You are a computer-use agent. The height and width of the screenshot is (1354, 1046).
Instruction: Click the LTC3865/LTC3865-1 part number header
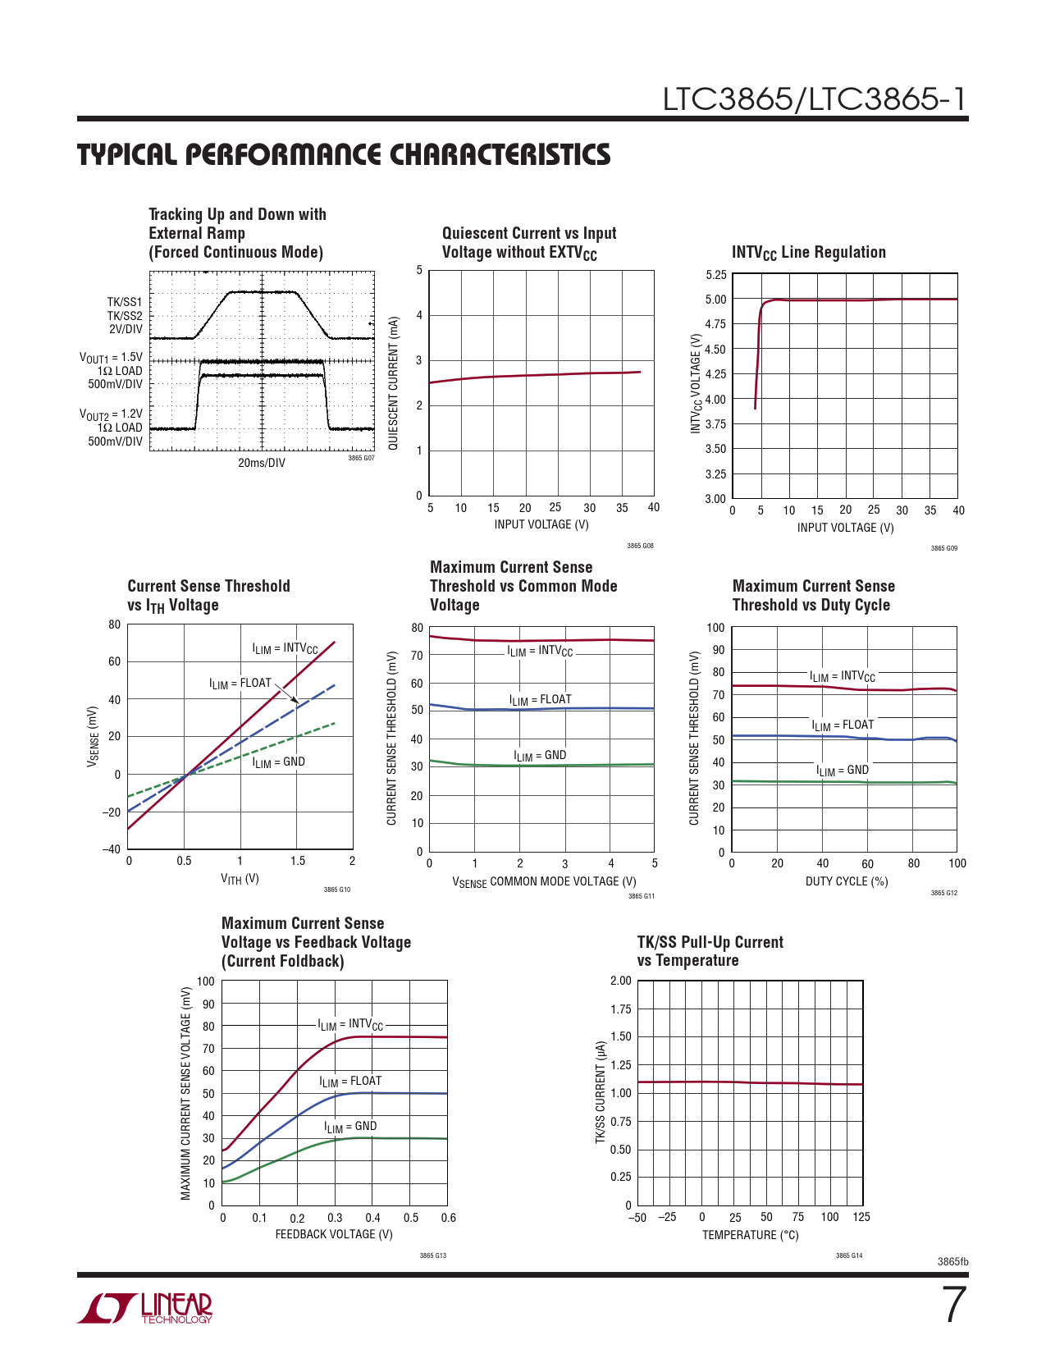coord(815,99)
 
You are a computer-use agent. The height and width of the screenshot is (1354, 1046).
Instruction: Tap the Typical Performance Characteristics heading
coord(344,154)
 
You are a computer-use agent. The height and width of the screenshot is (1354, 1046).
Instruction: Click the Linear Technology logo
coord(144,1308)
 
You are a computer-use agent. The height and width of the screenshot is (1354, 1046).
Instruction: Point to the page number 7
coord(952,1305)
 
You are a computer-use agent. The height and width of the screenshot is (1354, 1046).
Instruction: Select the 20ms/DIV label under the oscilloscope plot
coord(262,463)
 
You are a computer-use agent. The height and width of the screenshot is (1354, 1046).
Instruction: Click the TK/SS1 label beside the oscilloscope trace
coord(125,302)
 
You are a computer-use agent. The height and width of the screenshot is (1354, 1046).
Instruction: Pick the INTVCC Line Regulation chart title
coord(808,253)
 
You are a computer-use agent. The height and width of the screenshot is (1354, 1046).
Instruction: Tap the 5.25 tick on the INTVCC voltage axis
coord(715,275)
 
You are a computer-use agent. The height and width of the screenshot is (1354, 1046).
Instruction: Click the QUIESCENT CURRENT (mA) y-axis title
coord(393,382)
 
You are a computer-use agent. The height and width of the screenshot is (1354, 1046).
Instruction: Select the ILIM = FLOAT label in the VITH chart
coord(240,684)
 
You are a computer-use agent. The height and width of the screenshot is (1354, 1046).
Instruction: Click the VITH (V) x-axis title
coord(240,879)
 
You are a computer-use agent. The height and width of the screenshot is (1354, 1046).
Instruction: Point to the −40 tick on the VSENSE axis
coord(112,849)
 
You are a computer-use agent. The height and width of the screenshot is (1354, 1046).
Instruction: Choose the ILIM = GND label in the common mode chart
coord(540,756)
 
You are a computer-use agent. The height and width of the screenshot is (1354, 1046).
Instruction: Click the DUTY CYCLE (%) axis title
coord(847,881)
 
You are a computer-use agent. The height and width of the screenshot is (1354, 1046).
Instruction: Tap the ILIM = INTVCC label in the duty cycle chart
coord(843,677)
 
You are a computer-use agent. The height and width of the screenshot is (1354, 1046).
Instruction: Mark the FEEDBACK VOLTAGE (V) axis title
coord(334,1234)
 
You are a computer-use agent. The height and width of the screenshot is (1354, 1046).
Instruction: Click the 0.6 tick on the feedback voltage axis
coord(448,1218)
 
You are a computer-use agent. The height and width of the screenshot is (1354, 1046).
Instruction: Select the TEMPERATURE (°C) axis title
coord(750,1235)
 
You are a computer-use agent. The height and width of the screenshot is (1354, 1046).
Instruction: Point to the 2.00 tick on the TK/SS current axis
coord(621,981)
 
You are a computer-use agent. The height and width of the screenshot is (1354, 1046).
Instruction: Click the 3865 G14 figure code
coord(848,1256)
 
